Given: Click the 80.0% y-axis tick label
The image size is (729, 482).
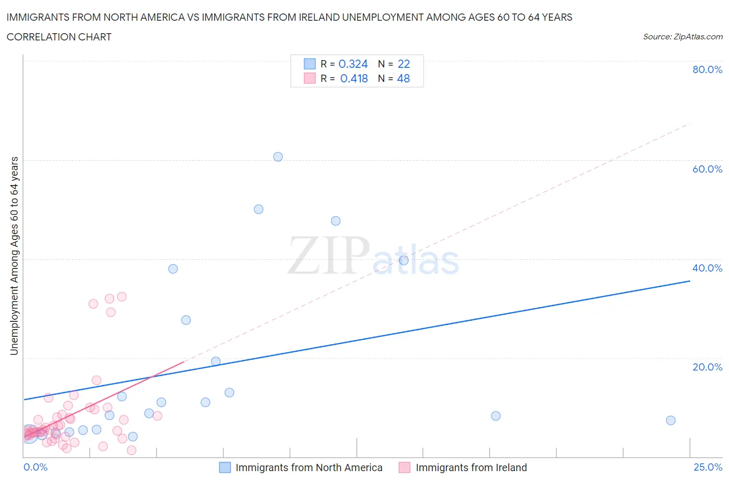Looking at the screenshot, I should pos(707,69).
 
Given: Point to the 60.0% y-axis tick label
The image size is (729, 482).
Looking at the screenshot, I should pos(707,169).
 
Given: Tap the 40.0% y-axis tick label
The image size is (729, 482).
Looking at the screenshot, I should pos(707,268).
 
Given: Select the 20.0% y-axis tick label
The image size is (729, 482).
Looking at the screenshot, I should pos(707,367).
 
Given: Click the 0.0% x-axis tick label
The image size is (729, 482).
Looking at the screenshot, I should pos(35,467).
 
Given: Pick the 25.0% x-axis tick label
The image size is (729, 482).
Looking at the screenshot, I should pos(708,467).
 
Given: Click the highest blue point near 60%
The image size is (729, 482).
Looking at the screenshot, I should pos(278,157).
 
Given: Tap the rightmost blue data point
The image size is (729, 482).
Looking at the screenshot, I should pos(670,420).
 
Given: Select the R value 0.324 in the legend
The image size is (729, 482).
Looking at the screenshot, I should pos(353,64).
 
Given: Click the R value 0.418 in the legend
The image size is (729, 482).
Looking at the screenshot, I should pos(354,78).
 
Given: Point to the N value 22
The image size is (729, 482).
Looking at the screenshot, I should pos(404,64).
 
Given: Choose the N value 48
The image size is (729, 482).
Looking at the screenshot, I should pos(403,78).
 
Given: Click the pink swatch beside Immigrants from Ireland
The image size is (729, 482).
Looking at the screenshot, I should pos(404,467).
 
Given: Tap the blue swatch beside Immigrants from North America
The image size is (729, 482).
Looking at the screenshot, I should pos(225,467).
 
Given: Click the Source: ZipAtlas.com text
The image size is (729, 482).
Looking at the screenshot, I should pos(682,37).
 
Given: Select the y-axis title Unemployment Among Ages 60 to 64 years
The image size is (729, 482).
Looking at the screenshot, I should pos(14,256).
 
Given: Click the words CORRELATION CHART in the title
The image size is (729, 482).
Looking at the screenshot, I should pos(59,37).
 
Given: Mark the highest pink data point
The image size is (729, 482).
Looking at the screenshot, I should pos(122,296).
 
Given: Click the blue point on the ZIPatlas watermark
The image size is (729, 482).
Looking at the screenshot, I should pos(403,260).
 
